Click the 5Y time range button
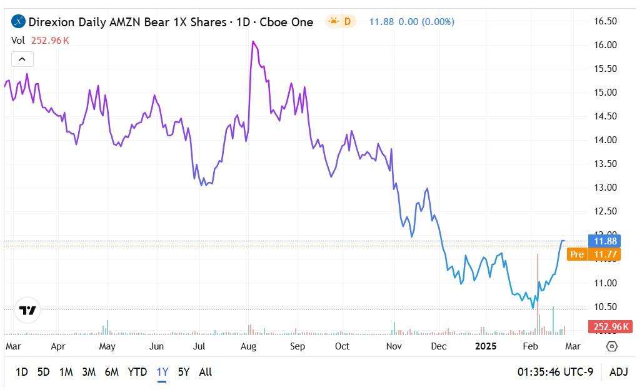(183, 372)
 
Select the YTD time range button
(138, 372)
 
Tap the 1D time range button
(21, 372)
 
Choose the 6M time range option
(111, 372)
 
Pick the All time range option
(205, 372)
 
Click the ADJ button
(618, 372)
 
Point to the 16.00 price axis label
(605, 45)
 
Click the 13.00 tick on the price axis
(605, 188)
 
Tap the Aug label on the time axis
(248, 346)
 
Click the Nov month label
(393, 346)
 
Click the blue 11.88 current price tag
(604, 241)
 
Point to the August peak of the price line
(253, 41)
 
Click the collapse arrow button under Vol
(22, 59)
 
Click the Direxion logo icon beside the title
(19, 22)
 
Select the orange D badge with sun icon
(341, 22)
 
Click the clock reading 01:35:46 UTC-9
(555, 372)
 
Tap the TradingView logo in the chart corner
(28, 311)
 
